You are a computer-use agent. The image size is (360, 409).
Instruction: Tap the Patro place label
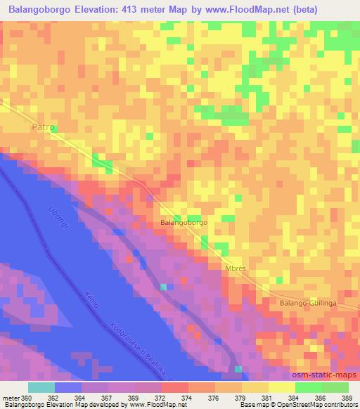pyautogui.click(x=43, y=129)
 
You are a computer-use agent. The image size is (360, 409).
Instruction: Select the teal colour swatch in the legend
pyautogui.click(x=41, y=387)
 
